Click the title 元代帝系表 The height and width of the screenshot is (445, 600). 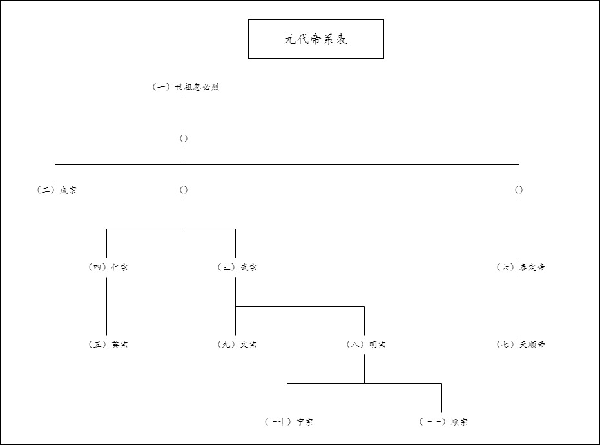coord(316,39)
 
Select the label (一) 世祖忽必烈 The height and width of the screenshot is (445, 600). coord(185,87)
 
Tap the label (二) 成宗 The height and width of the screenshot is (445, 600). coord(56,190)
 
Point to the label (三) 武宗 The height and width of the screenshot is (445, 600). coord(237,267)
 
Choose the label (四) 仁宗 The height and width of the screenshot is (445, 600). coord(108,267)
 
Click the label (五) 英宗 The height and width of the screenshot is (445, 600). coord(108,345)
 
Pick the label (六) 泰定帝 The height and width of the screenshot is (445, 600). coord(521,267)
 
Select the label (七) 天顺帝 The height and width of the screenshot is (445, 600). coord(521,345)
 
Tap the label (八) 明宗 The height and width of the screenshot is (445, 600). coord(365,345)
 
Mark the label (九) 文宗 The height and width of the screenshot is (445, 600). coord(237,345)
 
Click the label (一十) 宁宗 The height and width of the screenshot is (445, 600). coord(288,422)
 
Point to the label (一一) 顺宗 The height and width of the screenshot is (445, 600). coord(443,422)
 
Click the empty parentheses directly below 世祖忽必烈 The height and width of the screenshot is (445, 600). coord(184,138)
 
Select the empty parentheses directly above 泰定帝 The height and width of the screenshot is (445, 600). coord(519,190)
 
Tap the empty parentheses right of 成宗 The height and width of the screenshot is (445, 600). coord(184,190)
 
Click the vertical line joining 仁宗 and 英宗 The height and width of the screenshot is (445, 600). coord(106,306)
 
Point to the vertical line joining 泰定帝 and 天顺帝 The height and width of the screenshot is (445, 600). coord(519,306)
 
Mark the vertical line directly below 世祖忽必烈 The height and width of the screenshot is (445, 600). coord(184,113)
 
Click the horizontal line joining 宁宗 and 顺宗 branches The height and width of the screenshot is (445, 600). coord(364,383)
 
